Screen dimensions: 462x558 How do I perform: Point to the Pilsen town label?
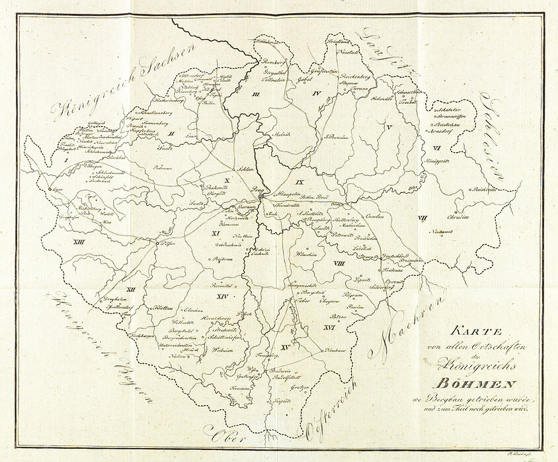171,244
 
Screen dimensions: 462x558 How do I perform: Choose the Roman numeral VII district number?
424,218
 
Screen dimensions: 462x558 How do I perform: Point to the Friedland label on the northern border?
337,41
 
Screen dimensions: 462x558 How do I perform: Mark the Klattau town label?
163,308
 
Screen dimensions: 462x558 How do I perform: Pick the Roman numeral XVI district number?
327,327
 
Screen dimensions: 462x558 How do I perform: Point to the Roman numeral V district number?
389,126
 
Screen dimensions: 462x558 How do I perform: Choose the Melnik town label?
281,134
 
